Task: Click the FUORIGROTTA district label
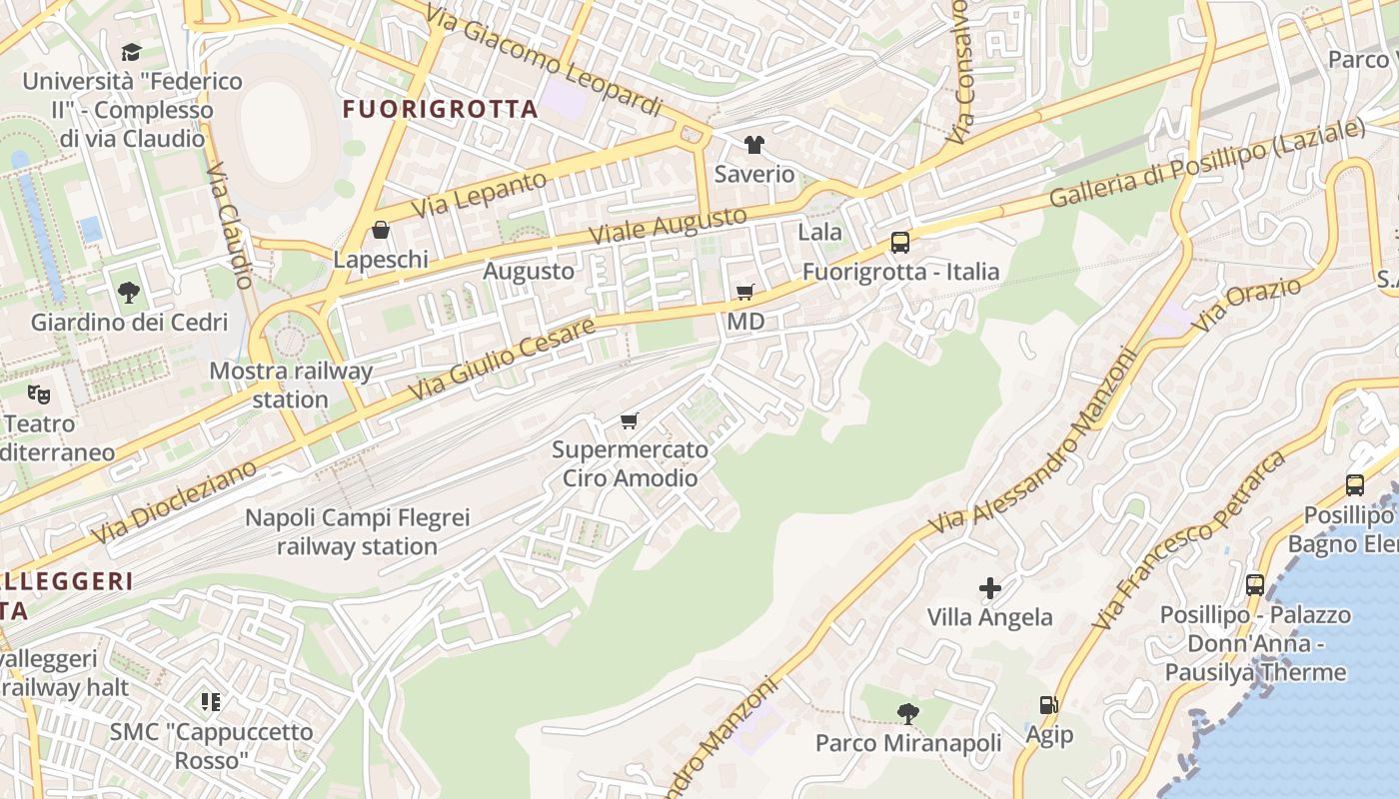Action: coord(441,109)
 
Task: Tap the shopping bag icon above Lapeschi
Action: coord(381,231)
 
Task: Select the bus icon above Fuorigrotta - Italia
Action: coord(899,243)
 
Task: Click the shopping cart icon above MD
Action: coord(744,293)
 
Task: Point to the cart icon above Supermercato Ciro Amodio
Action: coord(629,420)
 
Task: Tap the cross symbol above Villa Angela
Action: coord(989,588)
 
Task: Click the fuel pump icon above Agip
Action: coord(1048,705)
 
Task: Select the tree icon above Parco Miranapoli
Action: coord(907,713)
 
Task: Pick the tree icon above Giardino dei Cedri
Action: coord(128,293)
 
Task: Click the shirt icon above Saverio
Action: coord(754,145)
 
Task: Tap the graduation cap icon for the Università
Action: coord(131,52)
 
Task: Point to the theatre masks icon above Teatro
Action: coord(39,394)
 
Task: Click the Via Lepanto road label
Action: coord(481,195)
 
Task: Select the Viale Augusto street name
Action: coord(668,226)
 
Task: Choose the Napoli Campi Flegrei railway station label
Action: coord(357,532)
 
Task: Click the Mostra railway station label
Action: coord(291,386)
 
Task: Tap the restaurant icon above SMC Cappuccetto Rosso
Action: coord(210,702)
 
